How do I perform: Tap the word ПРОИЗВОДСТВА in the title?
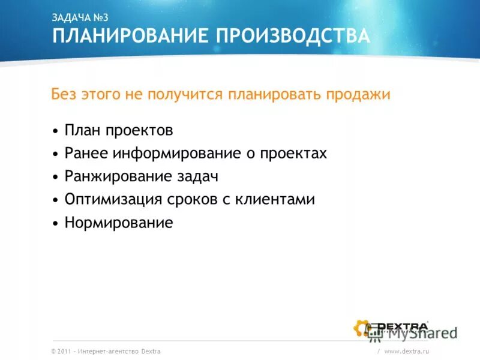click(293, 37)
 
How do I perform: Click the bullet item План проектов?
click(118, 130)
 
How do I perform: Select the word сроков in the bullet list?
click(191, 200)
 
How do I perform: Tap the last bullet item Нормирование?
click(118, 223)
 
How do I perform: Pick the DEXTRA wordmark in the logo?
click(402, 326)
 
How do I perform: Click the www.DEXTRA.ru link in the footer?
click(407, 351)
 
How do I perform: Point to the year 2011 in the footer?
click(65, 351)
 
